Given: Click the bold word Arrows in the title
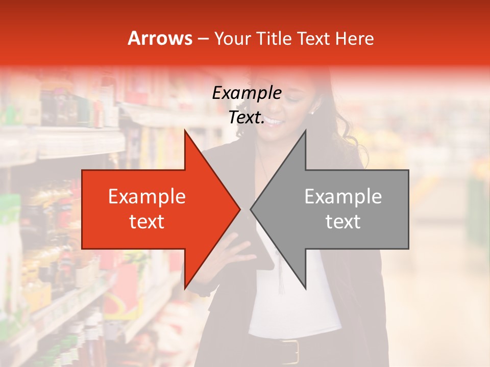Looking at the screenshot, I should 160,38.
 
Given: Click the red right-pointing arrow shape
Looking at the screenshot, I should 153,209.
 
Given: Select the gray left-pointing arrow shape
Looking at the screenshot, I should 347,209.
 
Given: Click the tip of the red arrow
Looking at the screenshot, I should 239,209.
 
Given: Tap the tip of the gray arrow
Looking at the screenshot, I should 252,209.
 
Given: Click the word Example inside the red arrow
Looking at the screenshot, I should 146,197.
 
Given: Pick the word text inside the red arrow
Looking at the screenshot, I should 146,221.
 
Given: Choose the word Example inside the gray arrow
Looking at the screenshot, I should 343,197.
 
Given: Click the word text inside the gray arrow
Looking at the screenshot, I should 343,221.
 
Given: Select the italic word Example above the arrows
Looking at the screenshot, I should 247,93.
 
